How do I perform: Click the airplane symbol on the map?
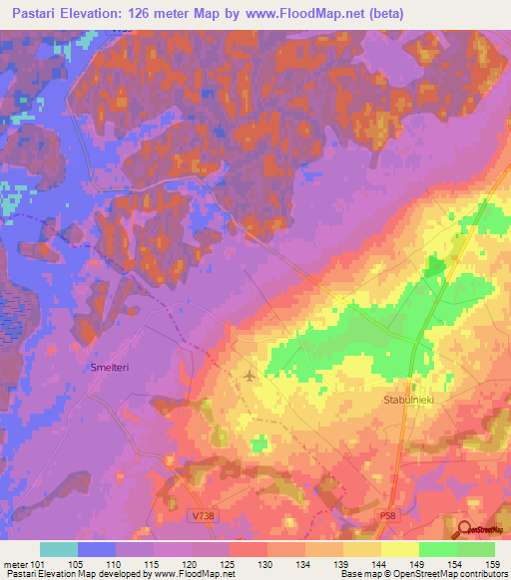coord(249,376)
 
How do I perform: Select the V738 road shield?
coord(203,515)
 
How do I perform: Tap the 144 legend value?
coord(376,563)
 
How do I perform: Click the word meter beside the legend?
coord(14,563)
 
